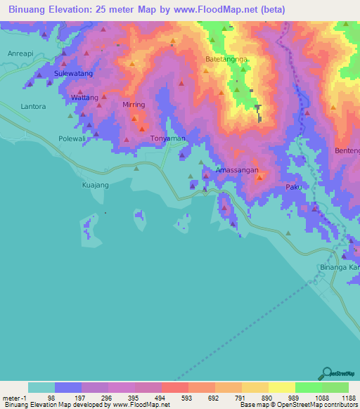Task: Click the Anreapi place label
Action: click(x=20, y=54)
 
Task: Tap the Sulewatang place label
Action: click(x=74, y=72)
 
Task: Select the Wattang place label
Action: click(x=85, y=97)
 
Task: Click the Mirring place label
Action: click(x=134, y=105)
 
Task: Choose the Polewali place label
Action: click(x=72, y=138)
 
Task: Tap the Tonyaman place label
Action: click(x=168, y=138)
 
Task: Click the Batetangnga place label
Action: click(x=226, y=60)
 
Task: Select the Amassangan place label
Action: click(x=237, y=171)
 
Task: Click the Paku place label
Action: click(x=293, y=187)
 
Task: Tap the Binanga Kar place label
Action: click(x=340, y=268)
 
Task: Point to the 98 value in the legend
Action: click(x=51, y=398)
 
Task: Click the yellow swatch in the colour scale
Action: click(x=281, y=387)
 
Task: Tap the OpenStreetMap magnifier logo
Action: click(x=327, y=372)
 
